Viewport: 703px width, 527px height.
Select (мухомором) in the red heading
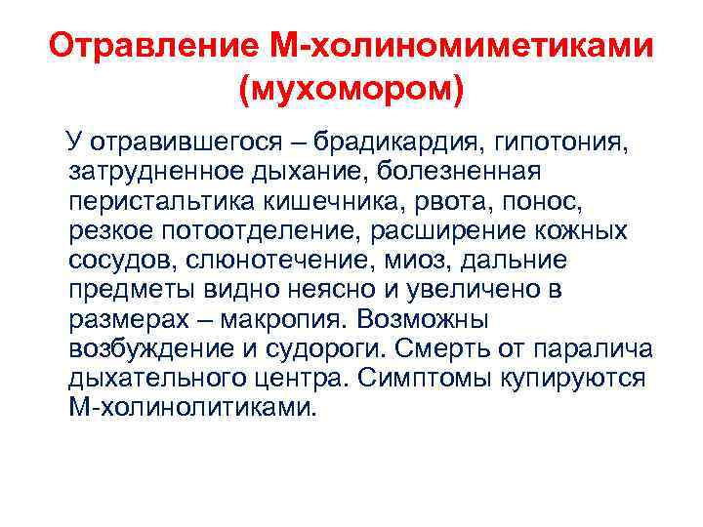pyautogui.click(x=351, y=91)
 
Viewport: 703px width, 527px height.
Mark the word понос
pyautogui.click(x=572, y=203)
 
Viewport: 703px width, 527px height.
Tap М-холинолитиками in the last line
pyautogui.click(x=193, y=408)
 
